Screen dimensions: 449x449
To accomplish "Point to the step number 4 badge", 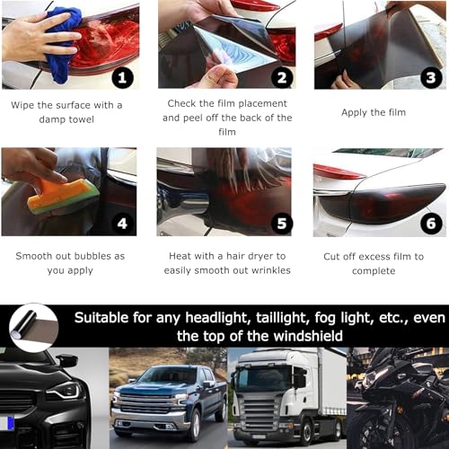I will (123, 223).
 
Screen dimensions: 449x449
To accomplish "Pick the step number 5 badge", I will (281, 223).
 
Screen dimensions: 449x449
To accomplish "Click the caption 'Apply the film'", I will (374, 112).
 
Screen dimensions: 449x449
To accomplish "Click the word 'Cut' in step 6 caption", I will (333, 256).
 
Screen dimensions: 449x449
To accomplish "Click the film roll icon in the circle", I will (33, 326).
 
